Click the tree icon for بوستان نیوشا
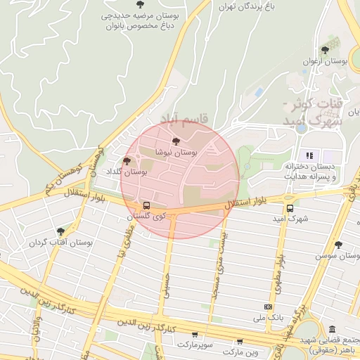point(176,141)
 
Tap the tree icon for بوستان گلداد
point(127,161)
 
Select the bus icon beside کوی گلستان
point(146,205)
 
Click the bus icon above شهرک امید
point(290,208)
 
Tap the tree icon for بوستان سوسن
point(338,245)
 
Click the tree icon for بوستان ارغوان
point(324,50)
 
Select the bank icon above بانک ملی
point(267,307)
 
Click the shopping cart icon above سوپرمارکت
point(194,335)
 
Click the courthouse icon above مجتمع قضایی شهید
point(332,330)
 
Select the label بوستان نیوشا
point(176,152)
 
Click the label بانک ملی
point(271,318)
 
